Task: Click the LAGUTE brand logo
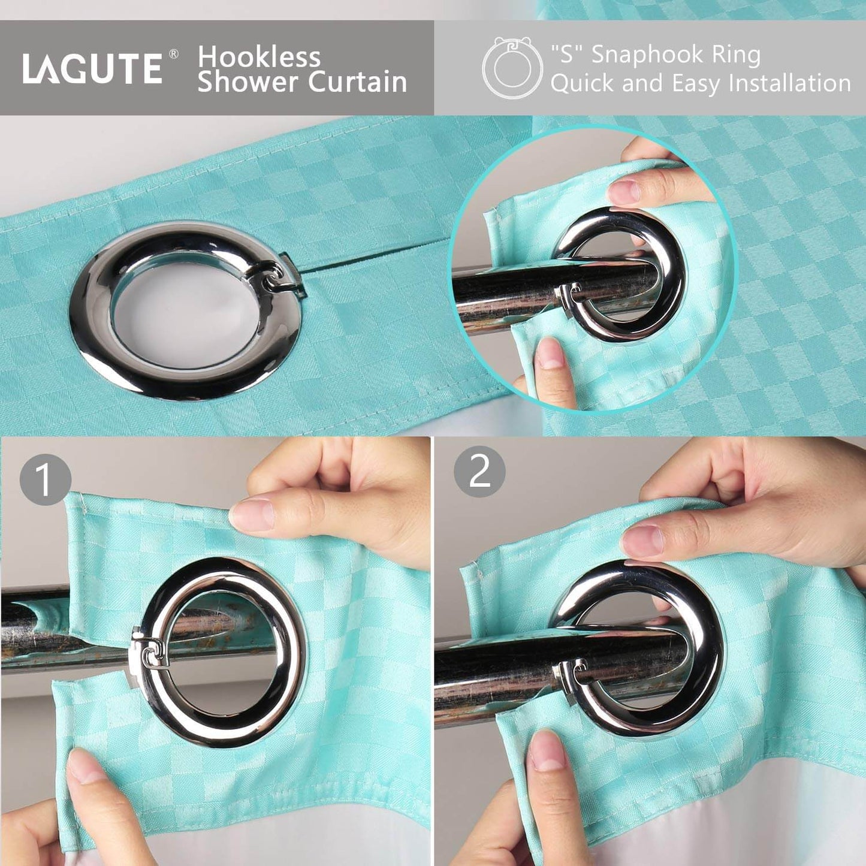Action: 92,68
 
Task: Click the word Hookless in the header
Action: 259,57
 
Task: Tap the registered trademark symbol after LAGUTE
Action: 174,54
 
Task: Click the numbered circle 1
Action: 45,479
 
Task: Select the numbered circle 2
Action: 479,472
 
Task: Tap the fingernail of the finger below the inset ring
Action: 549,354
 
